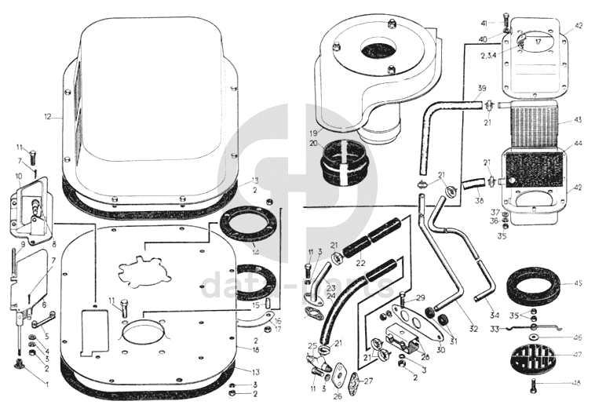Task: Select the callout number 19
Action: (313, 133)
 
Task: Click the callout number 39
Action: (481, 88)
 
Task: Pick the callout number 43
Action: (578, 120)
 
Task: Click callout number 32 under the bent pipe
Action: (473, 329)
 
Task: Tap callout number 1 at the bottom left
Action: (46, 384)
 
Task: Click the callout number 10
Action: (18, 177)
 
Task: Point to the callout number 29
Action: (421, 298)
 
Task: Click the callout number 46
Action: (578, 338)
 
